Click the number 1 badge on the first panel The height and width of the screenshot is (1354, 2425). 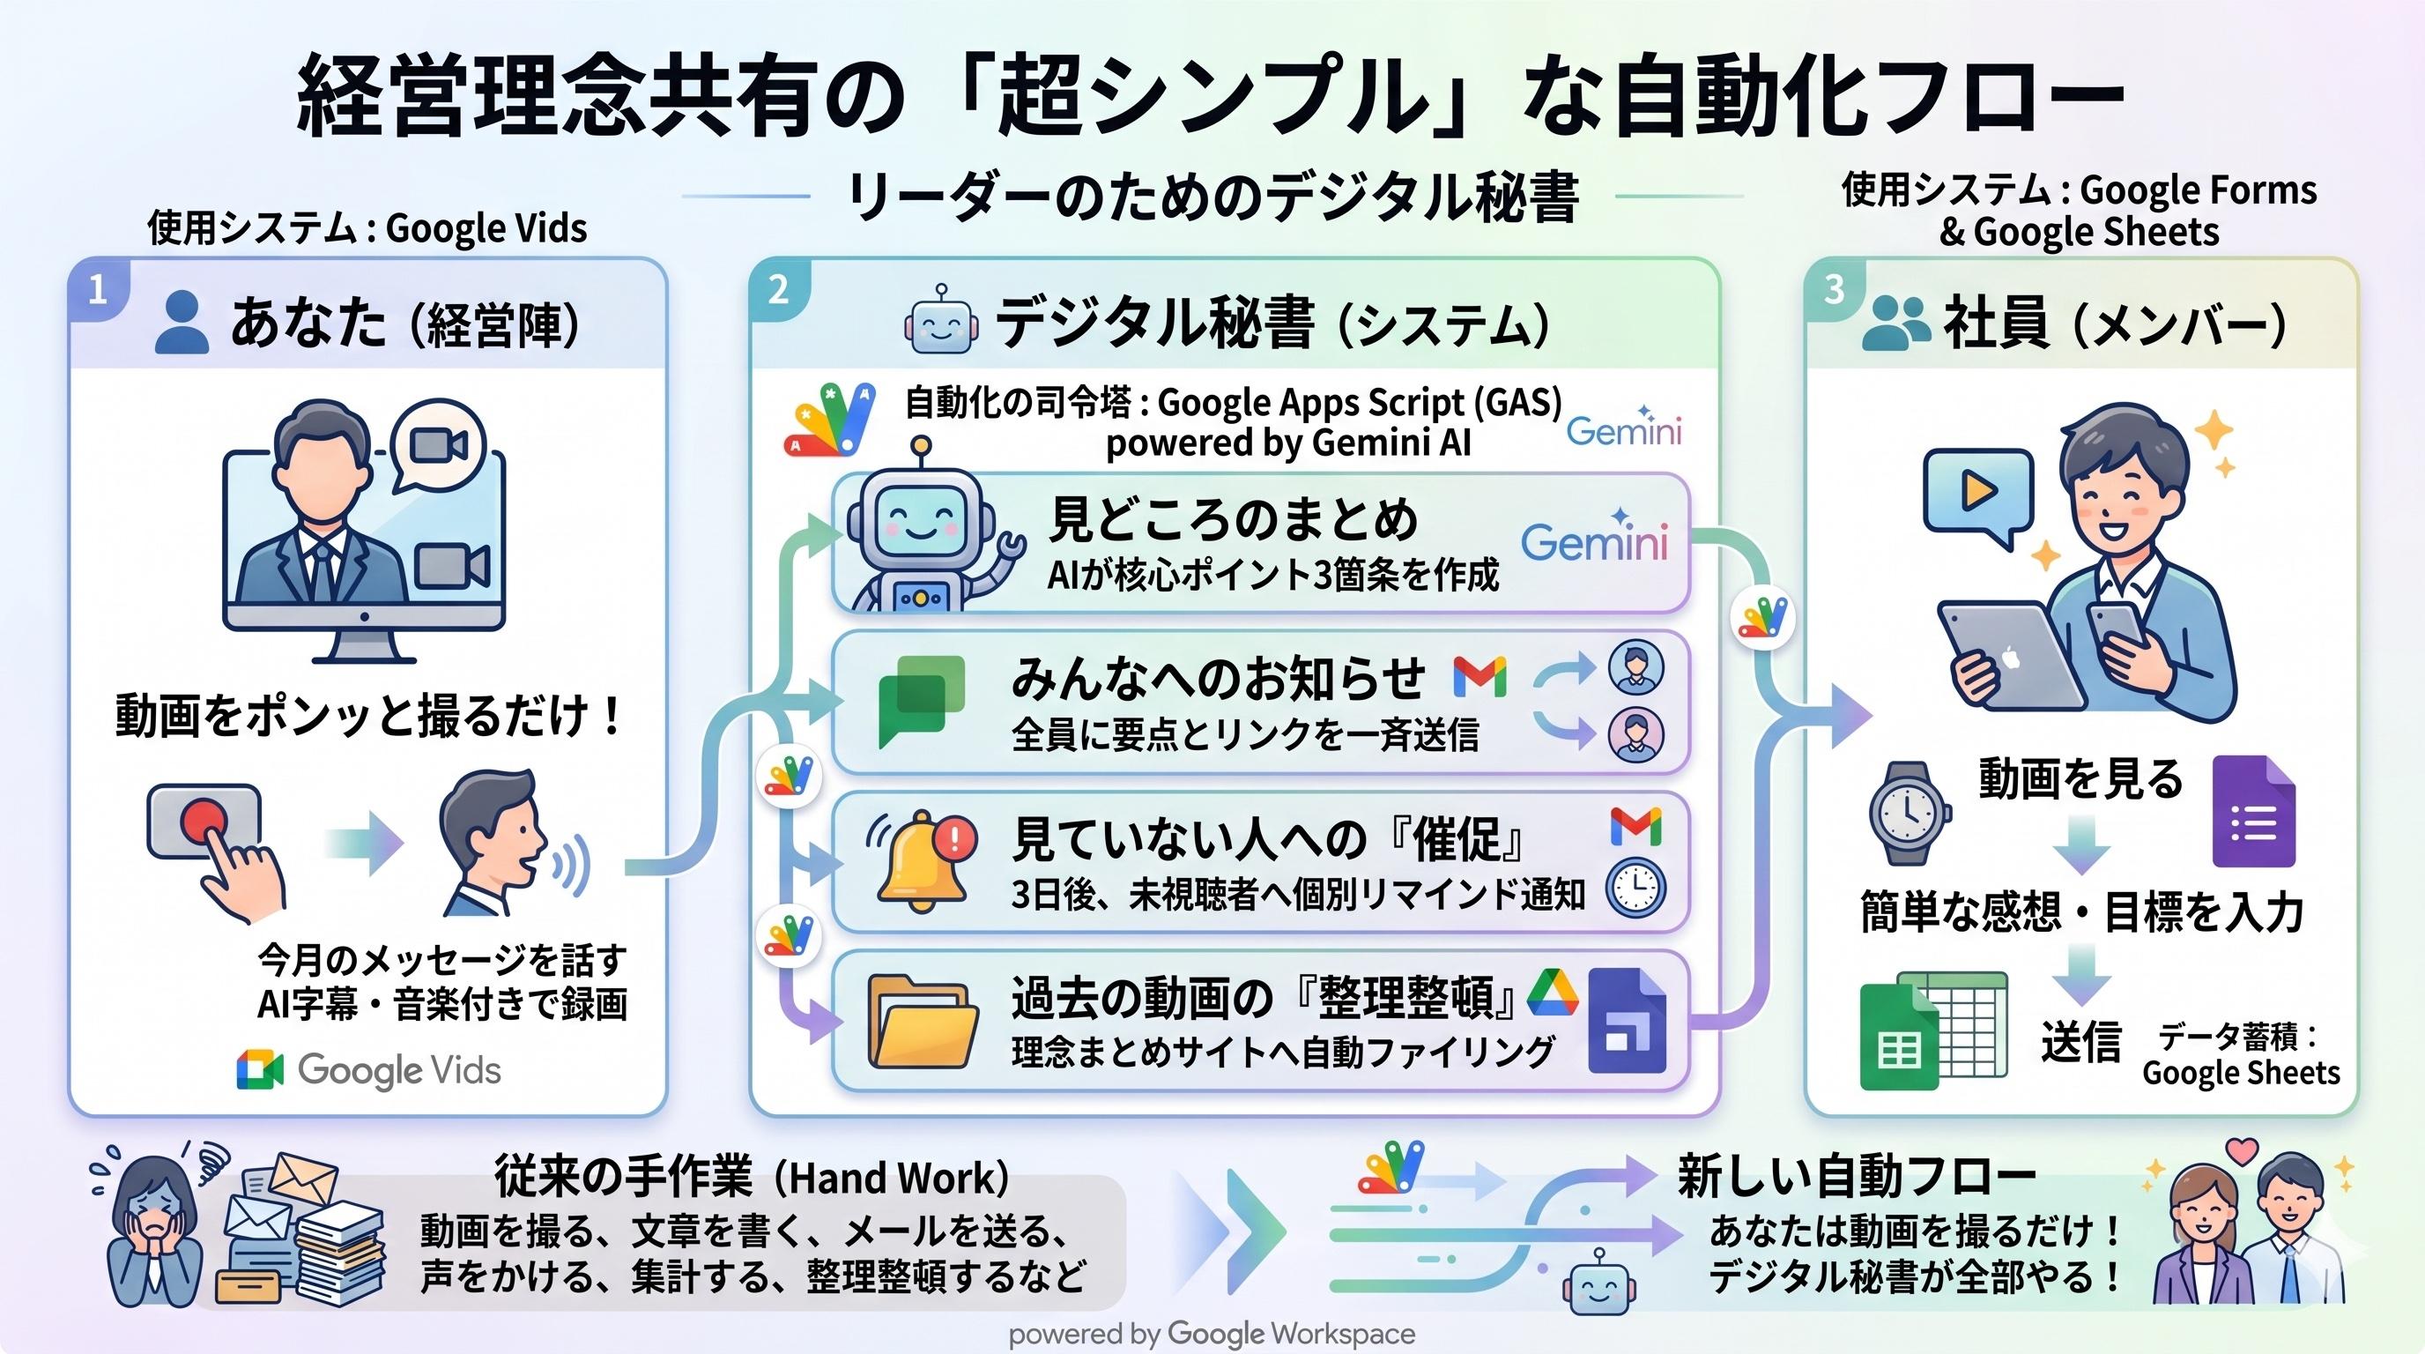pyautogui.click(x=97, y=290)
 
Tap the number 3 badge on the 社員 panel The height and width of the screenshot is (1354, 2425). pyautogui.click(x=1833, y=290)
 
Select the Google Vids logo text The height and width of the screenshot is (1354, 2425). pyautogui.click(x=398, y=1070)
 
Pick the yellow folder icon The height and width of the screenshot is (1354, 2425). pyautogui.click(x=921, y=1023)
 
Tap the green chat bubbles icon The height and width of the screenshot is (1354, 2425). pyautogui.click(x=922, y=701)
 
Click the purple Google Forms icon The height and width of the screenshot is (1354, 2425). pyautogui.click(x=2254, y=811)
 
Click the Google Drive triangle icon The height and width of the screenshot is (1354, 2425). pyautogui.click(x=1552, y=993)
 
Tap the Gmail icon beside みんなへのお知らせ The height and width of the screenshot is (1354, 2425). pyautogui.click(x=1479, y=677)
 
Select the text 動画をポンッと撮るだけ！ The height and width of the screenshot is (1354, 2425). pyautogui.click(x=368, y=716)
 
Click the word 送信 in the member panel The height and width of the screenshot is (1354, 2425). pyautogui.click(x=2080, y=1041)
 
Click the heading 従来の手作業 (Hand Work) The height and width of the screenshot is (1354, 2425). pyautogui.click(x=752, y=1177)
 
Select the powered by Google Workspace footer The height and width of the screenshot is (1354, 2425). pyautogui.click(x=1212, y=1335)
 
